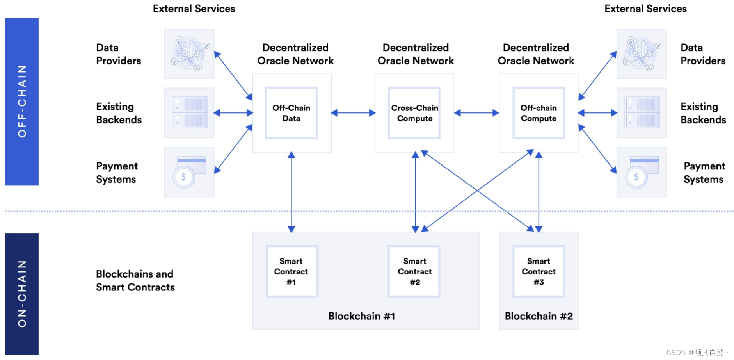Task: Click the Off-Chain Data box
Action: (291, 113)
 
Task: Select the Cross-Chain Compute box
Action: (414, 113)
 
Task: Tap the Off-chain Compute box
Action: (539, 113)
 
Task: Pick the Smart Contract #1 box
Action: (291, 271)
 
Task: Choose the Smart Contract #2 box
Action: (414, 271)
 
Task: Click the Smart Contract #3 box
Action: (539, 271)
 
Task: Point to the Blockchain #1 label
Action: (362, 316)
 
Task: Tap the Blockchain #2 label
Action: (539, 316)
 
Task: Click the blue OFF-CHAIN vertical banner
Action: (22, 102)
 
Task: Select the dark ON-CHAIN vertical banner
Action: (22, 294)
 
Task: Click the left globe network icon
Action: (189, 53)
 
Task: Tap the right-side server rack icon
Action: (642, 113)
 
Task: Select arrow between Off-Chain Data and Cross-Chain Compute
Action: (353, 113)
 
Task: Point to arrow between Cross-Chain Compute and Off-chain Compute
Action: (476, 113)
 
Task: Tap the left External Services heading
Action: (194, 9)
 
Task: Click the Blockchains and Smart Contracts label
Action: (135, 280)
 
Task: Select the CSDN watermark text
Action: (697, 352)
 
